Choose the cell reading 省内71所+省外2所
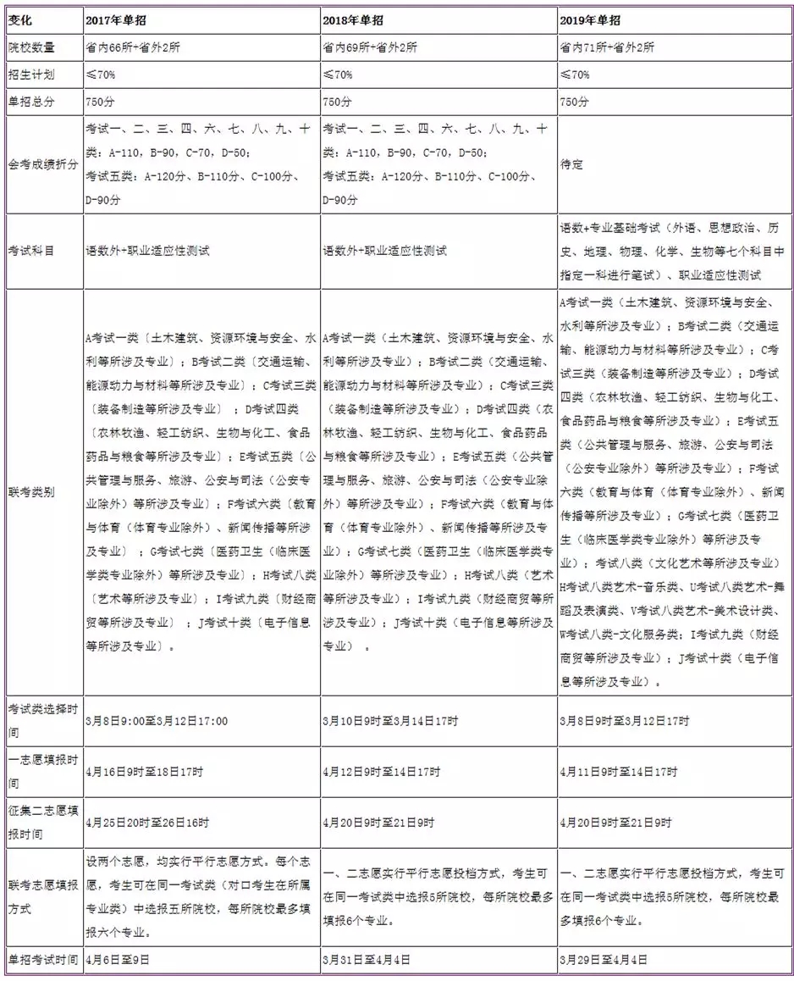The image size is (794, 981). point(607,47)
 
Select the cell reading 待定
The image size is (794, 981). point(571,165)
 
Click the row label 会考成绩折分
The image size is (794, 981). point(41,165)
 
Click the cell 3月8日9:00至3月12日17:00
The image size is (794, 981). point(157,721)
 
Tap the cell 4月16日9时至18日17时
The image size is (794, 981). point(144,772)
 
